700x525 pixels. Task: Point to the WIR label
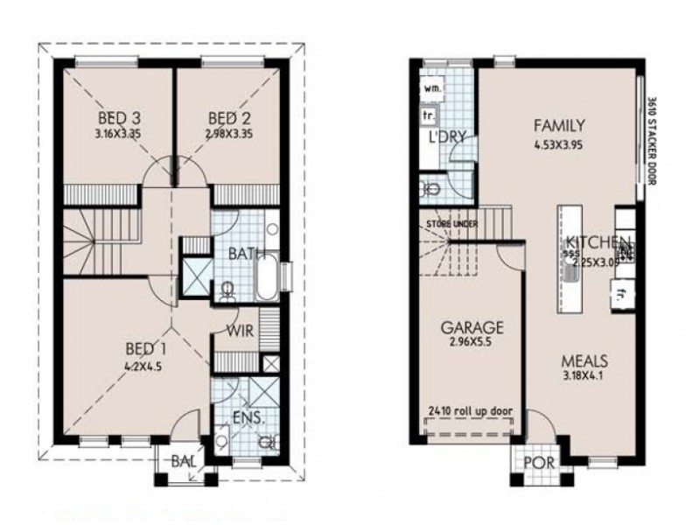point(241,332)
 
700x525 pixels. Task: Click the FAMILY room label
point(556,125)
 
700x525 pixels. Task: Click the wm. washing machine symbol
point(432,89)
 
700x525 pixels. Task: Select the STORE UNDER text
point(451,225)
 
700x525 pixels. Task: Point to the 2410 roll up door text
point(470,410)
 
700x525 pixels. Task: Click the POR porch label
point(534,463)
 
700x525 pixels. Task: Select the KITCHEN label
point(598,242)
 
